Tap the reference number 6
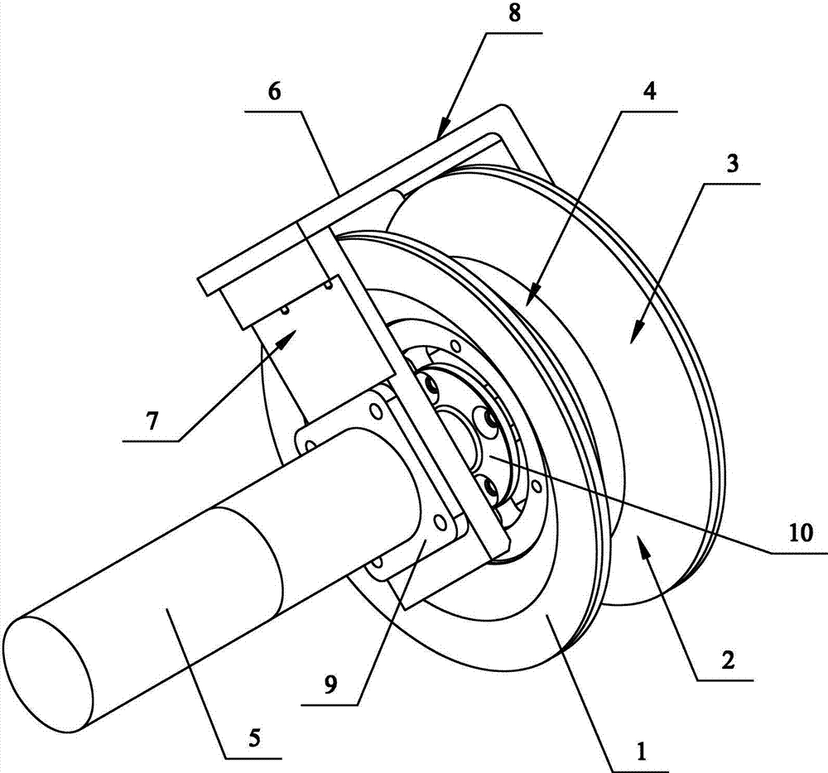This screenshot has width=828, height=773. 274,92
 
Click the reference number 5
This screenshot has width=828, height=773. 251,735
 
